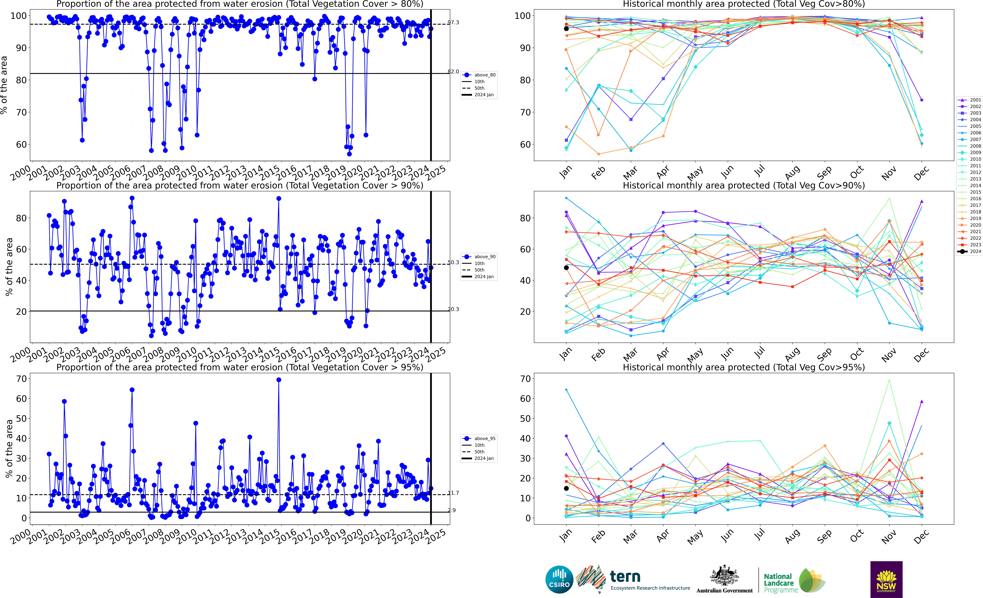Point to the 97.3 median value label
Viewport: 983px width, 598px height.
click(x=453, y=23)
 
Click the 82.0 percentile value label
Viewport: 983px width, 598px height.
click(x=453, y=72)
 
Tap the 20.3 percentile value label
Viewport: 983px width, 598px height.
click(x=453, y=309)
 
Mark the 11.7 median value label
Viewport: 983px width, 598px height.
click(x=453, y=493)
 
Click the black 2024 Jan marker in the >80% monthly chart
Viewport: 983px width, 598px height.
click(x=566, y=29)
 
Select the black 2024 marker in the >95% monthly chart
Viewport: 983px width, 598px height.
click(x=566, y=488)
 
